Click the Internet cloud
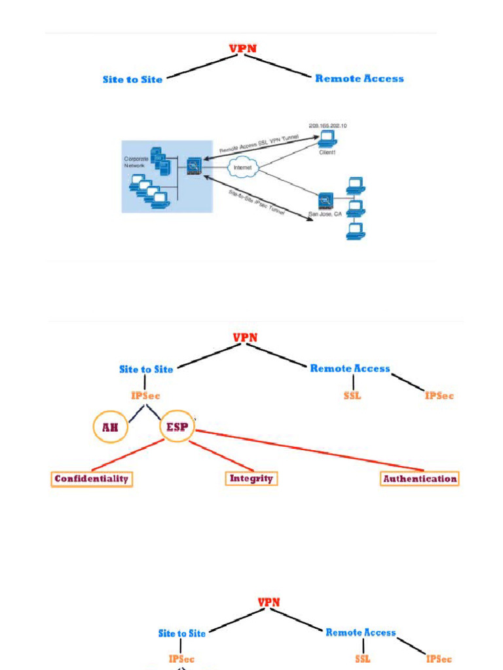point(243,168)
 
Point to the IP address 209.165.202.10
point(327,125)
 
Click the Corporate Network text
point(136,162)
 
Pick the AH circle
point(110,428)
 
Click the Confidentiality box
point(92,479)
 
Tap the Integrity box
point(251,479)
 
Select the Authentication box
point(420,479)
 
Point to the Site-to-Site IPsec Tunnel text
point(256,202)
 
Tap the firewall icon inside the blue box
point(193,166)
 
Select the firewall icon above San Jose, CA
point(326,201)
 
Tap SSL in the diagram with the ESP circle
point(352,396)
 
